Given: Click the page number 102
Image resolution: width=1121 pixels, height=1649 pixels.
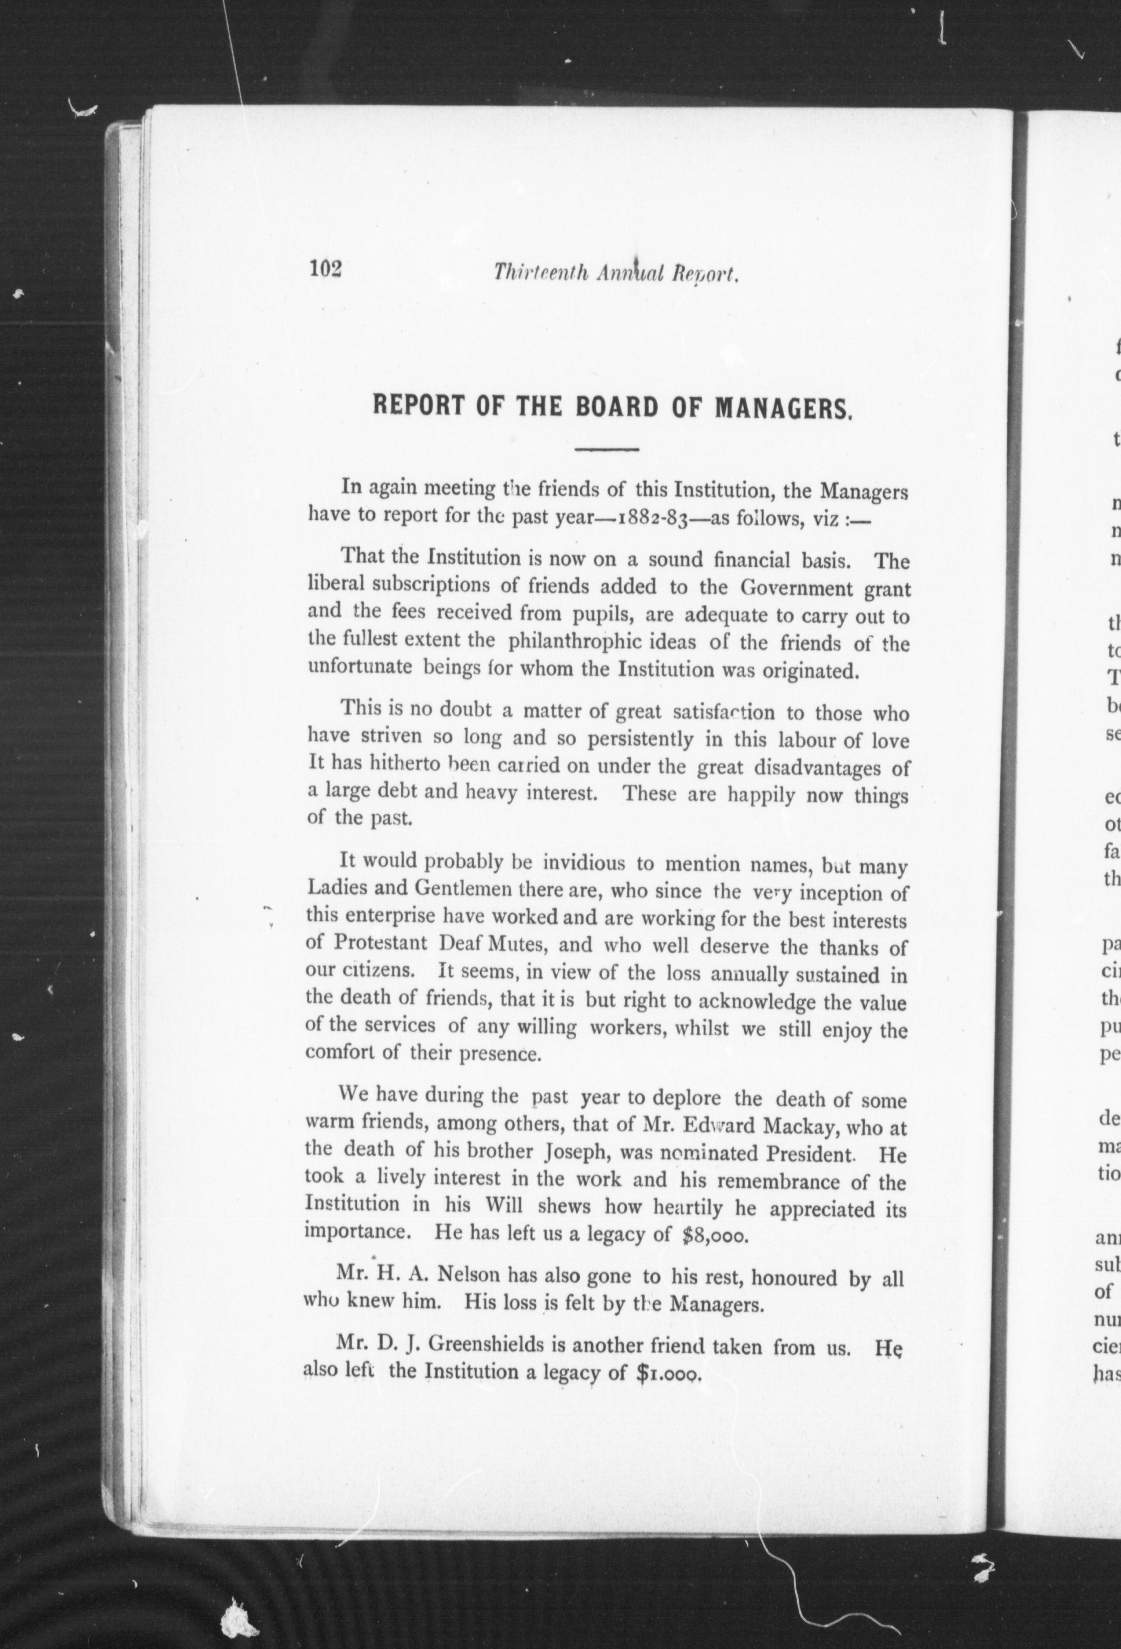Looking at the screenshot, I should (x=326, y=269).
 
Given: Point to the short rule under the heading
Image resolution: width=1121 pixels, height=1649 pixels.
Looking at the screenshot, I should (x=607, y=449).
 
